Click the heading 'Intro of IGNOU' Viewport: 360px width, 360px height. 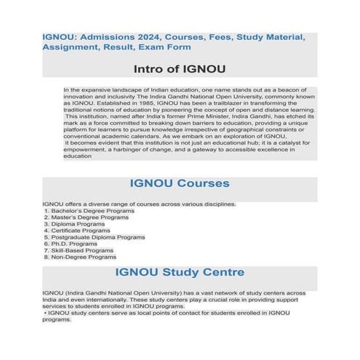pyautogui.click(x=179, y=71)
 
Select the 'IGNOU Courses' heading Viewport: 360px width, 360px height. pyautogui.click(x=179, y=183)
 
